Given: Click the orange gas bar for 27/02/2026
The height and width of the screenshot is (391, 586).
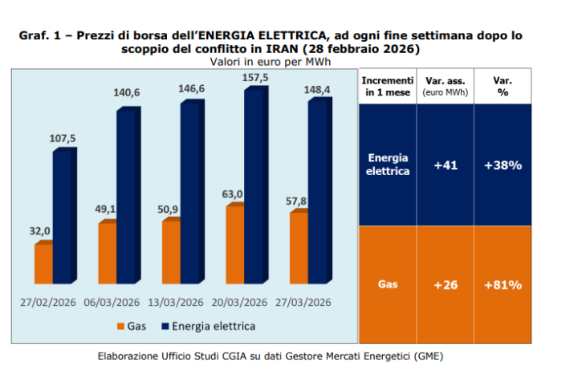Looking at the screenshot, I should pos(43,263).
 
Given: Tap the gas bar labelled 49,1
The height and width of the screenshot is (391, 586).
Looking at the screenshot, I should pos(108,252).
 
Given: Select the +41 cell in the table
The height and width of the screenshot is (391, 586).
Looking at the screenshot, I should pos(445,165).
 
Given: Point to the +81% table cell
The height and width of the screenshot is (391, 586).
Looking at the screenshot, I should pos(503,284).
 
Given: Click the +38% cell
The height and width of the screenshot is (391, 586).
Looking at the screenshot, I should pos(503,165).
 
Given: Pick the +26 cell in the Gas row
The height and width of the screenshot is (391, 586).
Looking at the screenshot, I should pos(445,284).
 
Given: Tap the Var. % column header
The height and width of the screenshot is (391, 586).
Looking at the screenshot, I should pos(503,87).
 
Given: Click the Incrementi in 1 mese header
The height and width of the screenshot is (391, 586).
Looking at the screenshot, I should pos(388,87).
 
